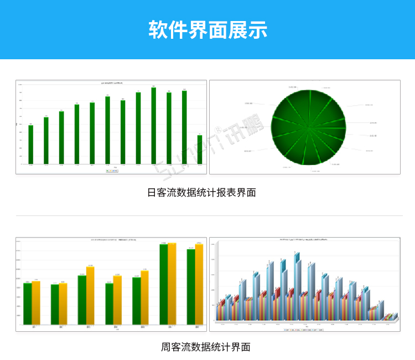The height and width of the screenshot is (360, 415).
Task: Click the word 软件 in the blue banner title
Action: coord(167,29)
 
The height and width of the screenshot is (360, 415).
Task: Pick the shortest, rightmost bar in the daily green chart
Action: coord(199,150)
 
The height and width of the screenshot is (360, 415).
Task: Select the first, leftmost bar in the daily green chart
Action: coord(31,145)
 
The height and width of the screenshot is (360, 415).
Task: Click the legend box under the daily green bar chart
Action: coord(111,171)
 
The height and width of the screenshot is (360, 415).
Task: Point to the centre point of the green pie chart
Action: coord(308,128)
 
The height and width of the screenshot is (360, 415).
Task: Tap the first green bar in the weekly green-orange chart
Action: coord(27,303)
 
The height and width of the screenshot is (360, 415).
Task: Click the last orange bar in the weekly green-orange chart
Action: coord(199,284)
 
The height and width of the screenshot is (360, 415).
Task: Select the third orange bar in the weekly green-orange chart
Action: coord(90,295)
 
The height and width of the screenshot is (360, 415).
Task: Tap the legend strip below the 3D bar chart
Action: coord(304,329)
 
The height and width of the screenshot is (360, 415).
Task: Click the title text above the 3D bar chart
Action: coord(304,240)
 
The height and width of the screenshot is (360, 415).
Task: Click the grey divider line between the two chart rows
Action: coord(207,215)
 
